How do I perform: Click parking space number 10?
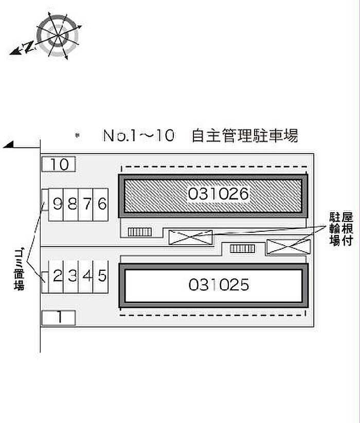[x=59, y=164]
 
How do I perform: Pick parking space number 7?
[x=86, y=205]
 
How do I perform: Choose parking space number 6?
[x=101, y=205]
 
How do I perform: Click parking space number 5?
[x=101, y=276]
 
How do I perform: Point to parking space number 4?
[x=86, y=276]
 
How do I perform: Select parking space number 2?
[x=56, y=276]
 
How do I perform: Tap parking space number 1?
[x=59, y=318]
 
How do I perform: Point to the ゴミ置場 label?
[x=19, y=269]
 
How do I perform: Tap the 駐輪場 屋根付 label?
[x=341, y=229]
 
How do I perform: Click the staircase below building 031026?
[x=140, y=232]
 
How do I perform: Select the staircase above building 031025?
[x=242, y=248]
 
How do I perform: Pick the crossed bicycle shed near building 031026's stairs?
[x=190, y=237]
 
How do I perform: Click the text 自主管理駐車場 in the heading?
[x=245, y=136]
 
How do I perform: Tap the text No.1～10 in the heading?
[x=139, y=135]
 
